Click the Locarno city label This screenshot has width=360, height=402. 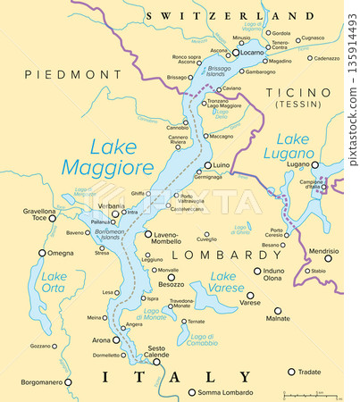click(x=252, y=53)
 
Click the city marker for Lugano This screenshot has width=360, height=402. click(x=315, y=165)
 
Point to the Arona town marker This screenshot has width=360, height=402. click(x=118, y=340)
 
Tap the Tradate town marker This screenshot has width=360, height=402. click(x=290, y=372)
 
